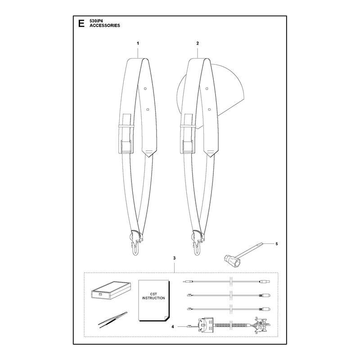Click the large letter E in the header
81,23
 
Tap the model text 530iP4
96,21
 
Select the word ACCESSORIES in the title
105,26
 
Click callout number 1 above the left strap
138,43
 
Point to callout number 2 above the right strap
198,43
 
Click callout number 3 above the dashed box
174,258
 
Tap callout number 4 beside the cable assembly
173,327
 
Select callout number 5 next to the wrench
276,243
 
